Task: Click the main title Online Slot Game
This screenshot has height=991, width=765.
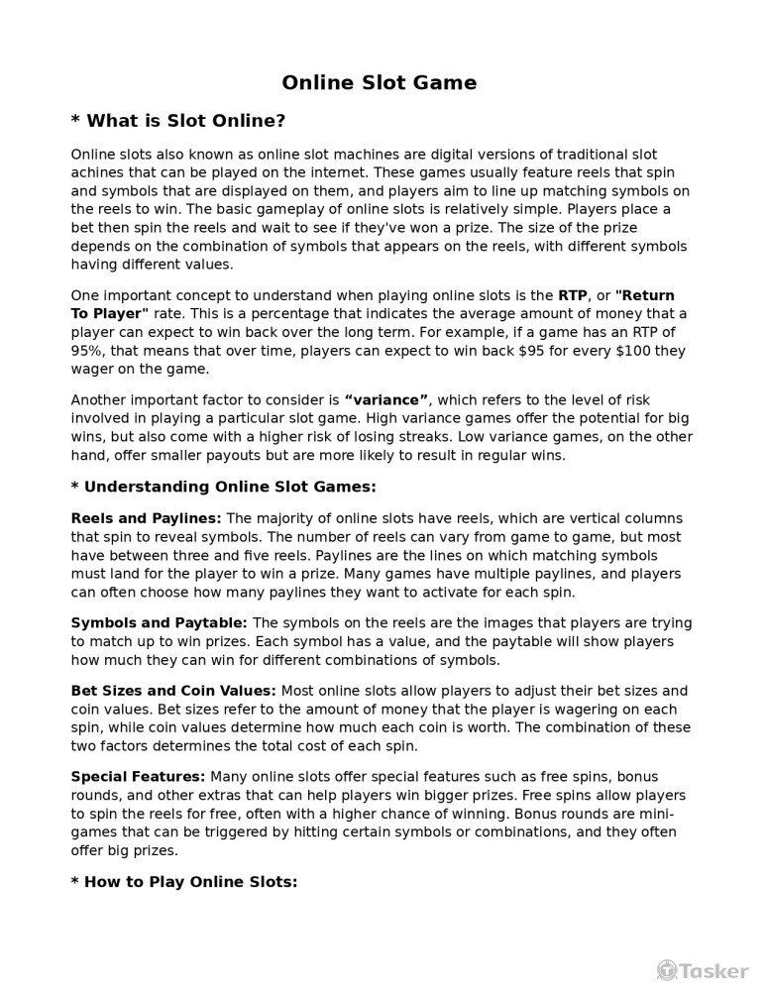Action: (x=379, y=83)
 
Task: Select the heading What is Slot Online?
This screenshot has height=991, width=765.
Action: (x=178, y=121)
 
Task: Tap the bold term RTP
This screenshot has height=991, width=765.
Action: (x=573, y=295)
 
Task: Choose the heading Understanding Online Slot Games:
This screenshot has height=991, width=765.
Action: (x=224, y=487)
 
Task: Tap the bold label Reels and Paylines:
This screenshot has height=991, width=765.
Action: (x=147, y=518)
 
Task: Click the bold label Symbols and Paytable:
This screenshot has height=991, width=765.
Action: (x=160, y=623)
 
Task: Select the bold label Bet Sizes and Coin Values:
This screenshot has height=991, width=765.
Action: (x=173, y=691)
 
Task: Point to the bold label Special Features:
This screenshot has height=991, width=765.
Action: (x=138, y=777)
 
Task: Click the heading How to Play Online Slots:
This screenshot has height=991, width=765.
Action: (x=184, y=881)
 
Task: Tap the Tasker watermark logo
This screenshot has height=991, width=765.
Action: (x=703, y=971)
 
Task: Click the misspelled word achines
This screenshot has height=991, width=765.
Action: (x=100, y=173)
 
